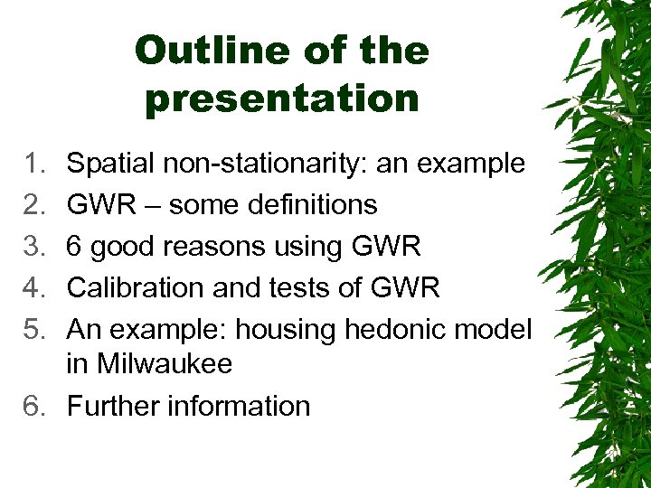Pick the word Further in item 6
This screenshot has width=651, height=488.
pyautogui.click(x=114, y=406)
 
